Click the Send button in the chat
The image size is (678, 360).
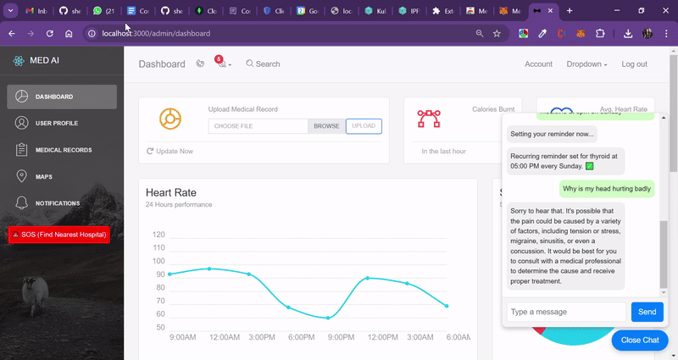click(x=647, y=312)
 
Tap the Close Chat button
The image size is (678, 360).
click(x=640, y=340)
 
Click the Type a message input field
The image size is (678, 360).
click(x=566, y=312)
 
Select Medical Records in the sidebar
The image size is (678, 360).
click(x=63, y=150)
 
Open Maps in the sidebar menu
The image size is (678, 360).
click(x=43, y=177)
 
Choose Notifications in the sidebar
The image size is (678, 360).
click(x=57, y=203)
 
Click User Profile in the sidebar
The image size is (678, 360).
click(x=56, y=124)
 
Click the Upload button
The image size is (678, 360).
click(x=364, y=126)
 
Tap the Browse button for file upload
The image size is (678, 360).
click(x=326, y=126)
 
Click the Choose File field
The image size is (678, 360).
click(x=258, y=126)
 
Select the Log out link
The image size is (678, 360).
click(x=634, y=64)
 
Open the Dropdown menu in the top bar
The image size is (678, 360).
click(x=586, y=64)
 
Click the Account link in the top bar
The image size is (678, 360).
click(x=538, y=64)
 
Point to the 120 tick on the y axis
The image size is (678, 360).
click(x=158, y=235)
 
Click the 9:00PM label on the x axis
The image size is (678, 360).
click(x=341, y=337)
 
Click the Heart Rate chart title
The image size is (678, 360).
click(x=171, y=193)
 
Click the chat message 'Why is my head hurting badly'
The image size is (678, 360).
click(x=607, y=188)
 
